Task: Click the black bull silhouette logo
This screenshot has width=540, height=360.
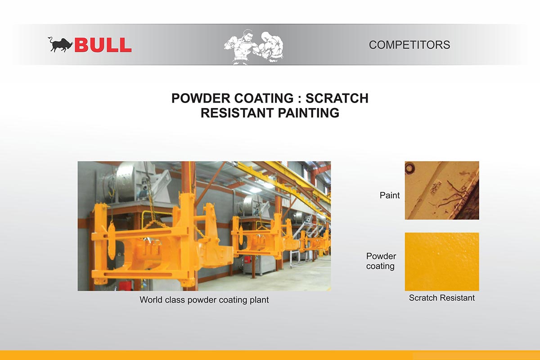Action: click(x=61, y=45)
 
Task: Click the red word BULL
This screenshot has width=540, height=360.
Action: click(x=103, y=45)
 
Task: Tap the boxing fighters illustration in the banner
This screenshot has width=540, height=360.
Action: click(x=254, y=47)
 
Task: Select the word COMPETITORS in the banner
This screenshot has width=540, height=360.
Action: click(x=409, y=45)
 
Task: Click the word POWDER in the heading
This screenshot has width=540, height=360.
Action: click(x=201, y=98)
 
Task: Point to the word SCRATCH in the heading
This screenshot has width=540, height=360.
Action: click(x=337, y=98)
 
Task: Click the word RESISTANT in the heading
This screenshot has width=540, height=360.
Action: click(x=237, y=113)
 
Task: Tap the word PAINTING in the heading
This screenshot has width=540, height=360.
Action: click(x=309, y=113)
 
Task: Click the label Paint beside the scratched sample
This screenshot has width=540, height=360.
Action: click(x=390, y=195)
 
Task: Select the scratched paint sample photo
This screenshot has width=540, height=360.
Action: click(x=442, y=190)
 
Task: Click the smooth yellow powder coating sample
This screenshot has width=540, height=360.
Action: click(x=442, y=261)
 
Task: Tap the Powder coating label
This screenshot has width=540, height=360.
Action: click(x=381, y=261)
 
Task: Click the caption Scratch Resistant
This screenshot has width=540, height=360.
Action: click(x=441, y=298)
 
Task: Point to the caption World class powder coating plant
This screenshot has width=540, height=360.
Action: click(x=204, y=300)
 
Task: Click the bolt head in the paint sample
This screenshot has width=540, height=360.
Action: click(x=409, y=167)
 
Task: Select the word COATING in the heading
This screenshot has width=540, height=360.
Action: click(x=264, y=98)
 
